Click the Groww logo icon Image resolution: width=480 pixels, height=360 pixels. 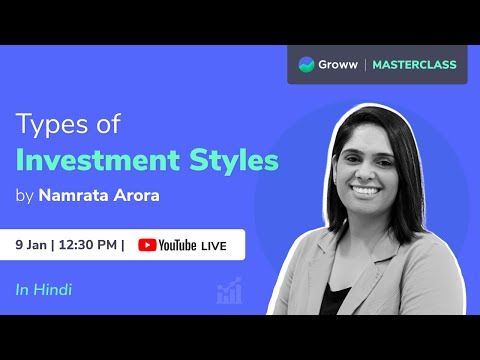pos(308,65)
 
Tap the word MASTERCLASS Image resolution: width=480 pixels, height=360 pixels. pos(414,65)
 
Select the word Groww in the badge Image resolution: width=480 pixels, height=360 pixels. pos(341,65)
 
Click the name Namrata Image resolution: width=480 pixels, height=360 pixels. pos(74,195)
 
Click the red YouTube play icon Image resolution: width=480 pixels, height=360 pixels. pos(148,245)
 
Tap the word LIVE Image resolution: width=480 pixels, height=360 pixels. pos(214,245)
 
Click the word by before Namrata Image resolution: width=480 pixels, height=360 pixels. pos(25,196)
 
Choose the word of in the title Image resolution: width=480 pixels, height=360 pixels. pos(102,127)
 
